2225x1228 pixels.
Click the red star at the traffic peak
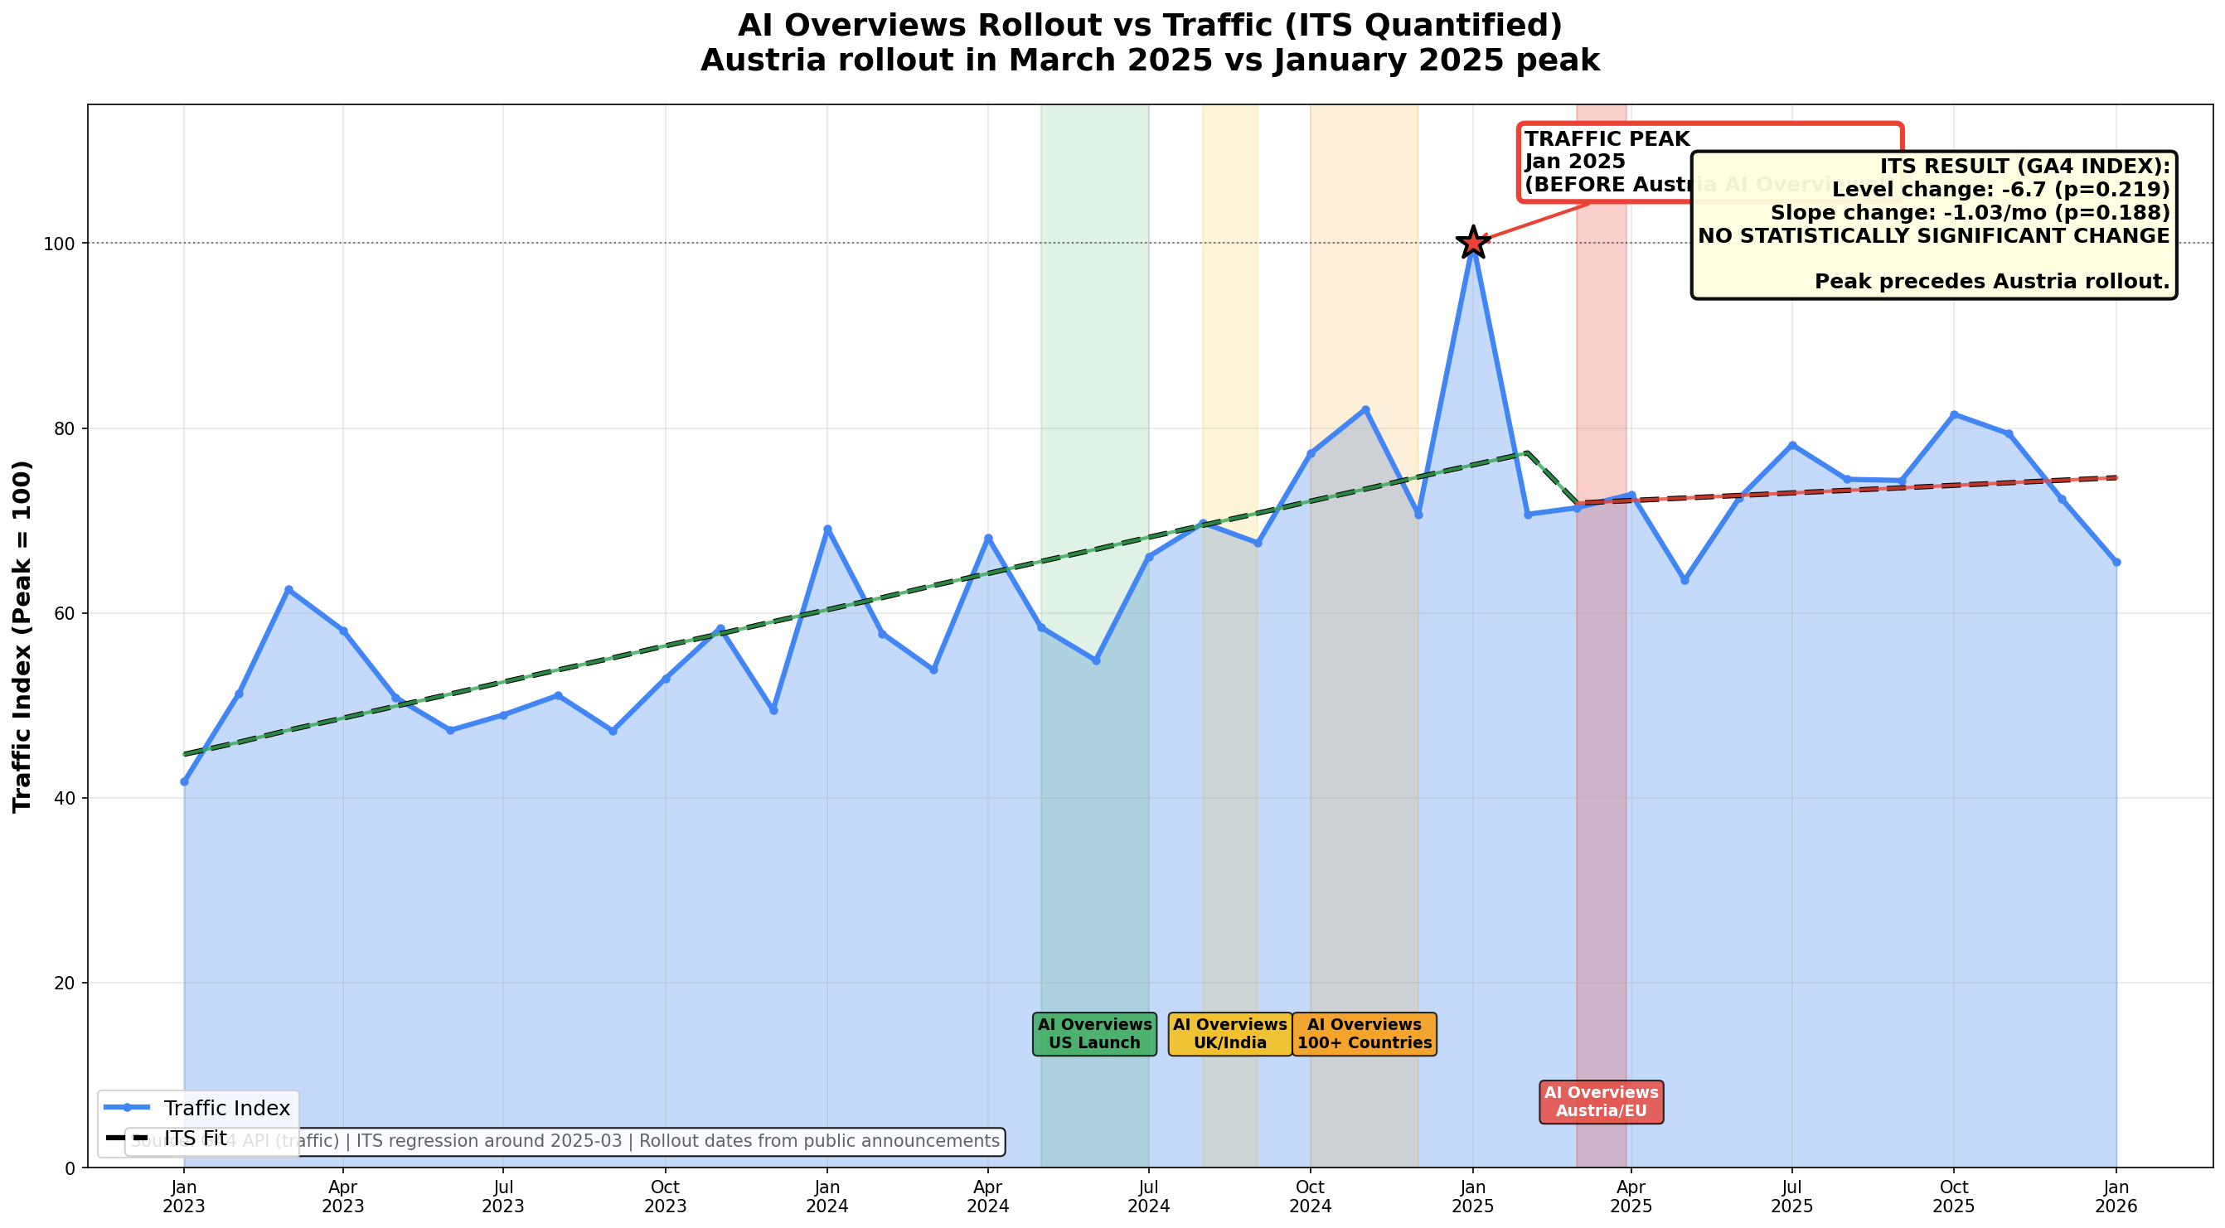1472,243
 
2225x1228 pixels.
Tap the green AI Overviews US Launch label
1094,1034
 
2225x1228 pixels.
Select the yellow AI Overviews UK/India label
1229,1034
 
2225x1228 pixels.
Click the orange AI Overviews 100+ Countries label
1364,1034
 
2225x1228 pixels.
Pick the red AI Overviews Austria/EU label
1601,1102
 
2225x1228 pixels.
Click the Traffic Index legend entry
226,1108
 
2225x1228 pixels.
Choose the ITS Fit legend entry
194,1139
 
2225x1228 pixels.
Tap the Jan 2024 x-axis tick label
826,1196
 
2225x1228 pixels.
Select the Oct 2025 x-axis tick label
1954,1196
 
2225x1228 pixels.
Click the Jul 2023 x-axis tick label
502,1196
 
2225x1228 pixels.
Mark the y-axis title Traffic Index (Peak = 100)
22,636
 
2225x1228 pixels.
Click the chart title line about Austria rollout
1150,60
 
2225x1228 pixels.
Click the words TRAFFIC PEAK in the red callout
1607,139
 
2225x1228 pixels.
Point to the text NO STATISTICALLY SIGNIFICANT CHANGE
1933,236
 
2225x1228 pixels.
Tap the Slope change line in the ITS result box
1970,212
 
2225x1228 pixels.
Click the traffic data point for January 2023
184,781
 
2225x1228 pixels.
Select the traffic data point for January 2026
2116,562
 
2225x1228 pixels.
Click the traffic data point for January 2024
827,529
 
